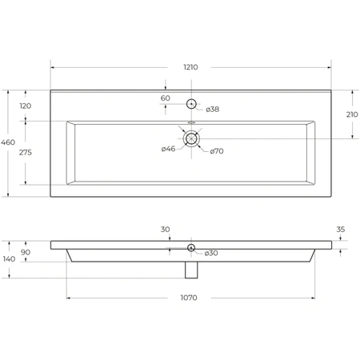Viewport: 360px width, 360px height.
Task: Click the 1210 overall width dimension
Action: [x=190, y=67]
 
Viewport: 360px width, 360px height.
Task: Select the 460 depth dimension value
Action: [x=8, y=142]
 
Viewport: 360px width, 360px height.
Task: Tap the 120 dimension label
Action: [x=26, y=106]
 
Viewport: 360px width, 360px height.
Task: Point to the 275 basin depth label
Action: [x=26, y=153]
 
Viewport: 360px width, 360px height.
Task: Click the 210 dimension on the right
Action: [x=352, y=114]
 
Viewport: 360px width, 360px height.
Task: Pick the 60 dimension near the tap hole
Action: [x=166, y=98]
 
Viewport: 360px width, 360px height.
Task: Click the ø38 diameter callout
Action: [x=213, y=110]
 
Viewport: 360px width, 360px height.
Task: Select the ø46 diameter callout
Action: [x=168, y=149]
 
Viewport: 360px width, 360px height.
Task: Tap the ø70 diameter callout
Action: [x=217, y=151]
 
